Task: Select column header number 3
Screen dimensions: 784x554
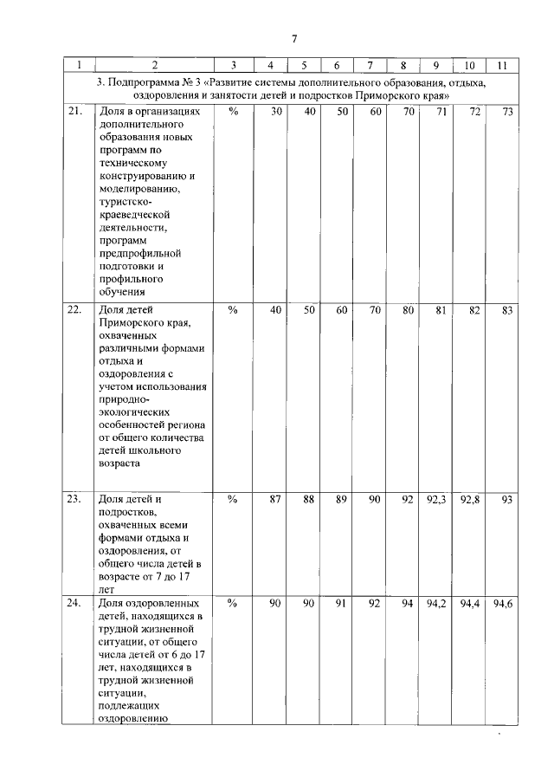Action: click(233, 65)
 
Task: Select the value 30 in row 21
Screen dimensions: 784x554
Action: click(276, 113)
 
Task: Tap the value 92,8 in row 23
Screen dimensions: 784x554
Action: click(470, 499)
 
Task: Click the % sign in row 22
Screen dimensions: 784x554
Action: click(233, 309)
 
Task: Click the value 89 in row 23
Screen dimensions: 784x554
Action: click(341, 499)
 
